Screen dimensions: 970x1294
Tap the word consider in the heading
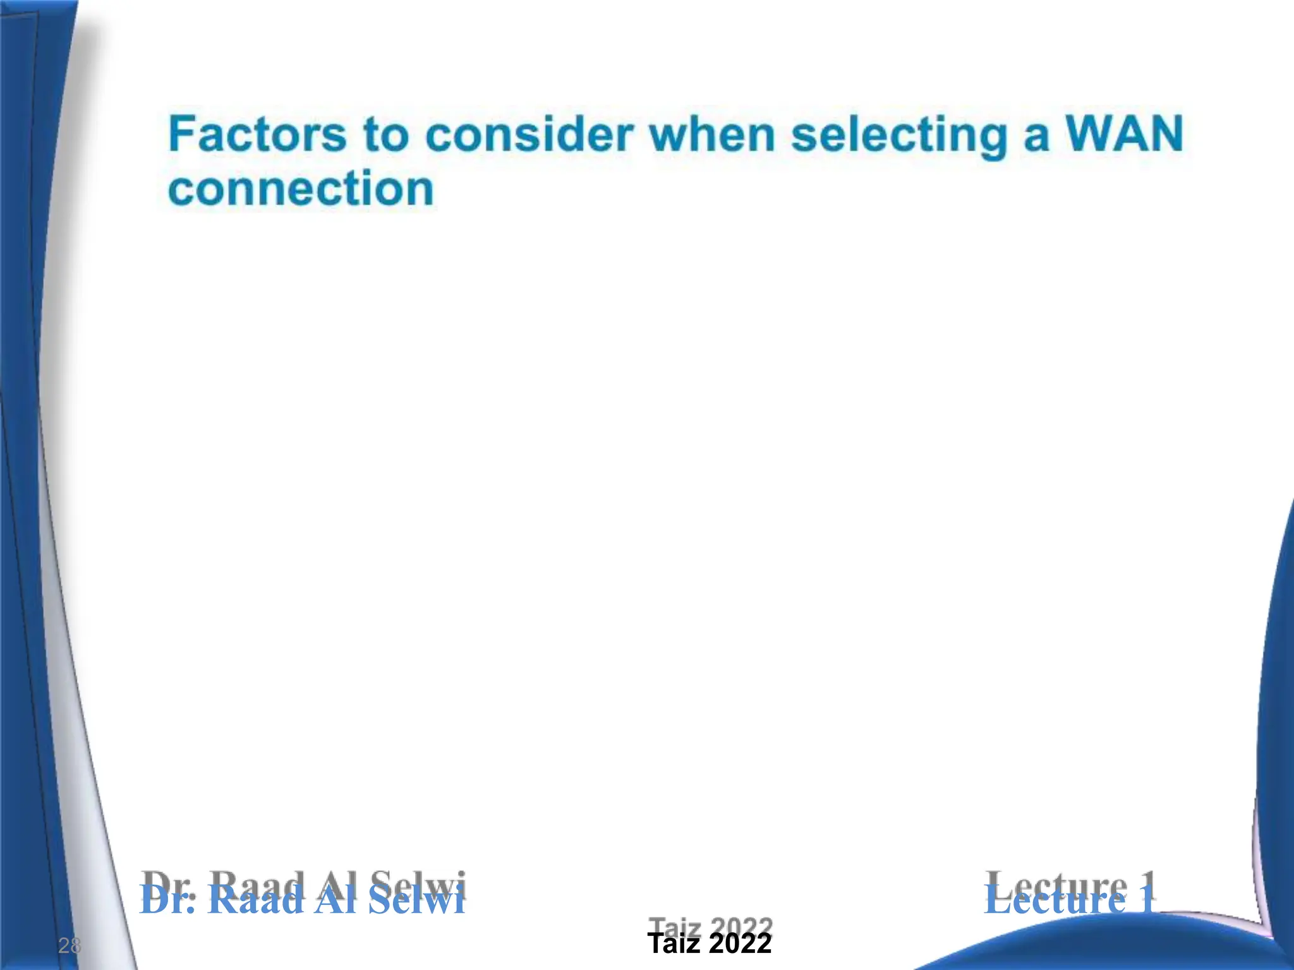pos(529,135)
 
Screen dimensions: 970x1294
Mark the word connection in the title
pos(301,189)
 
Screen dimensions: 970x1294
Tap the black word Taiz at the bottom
pos(674,944)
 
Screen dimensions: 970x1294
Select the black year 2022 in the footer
pos(741,944)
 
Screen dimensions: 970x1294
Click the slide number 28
pos(70,945)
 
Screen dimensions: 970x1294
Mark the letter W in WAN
pos(1089,134)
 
